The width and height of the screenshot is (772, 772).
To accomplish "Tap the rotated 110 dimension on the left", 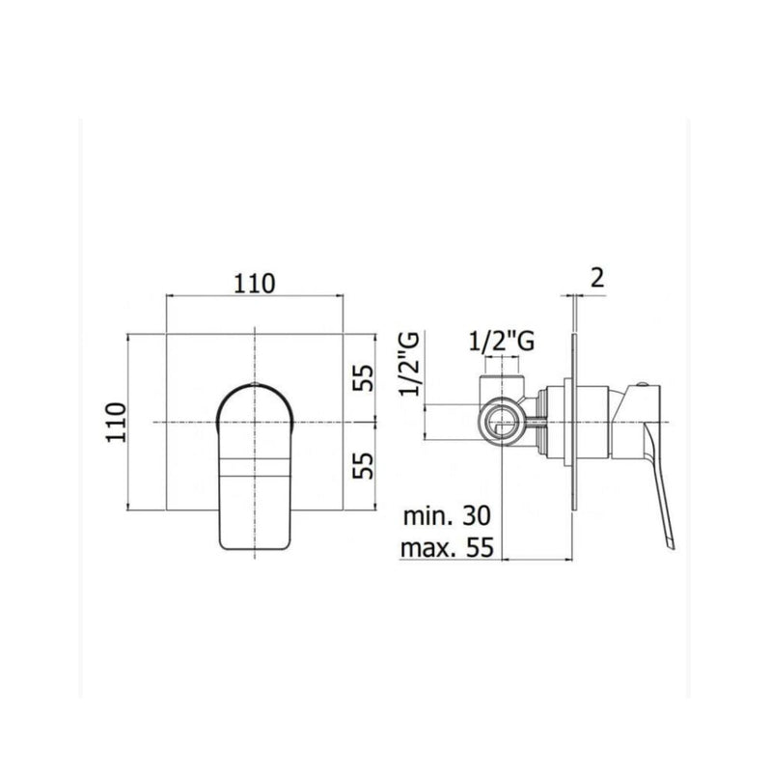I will pos(117,422).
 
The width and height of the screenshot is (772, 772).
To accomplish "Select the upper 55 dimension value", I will pos(362,375).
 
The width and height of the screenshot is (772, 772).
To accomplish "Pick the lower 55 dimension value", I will pos(362,467).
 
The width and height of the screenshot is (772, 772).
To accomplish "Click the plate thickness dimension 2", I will pos(595,279).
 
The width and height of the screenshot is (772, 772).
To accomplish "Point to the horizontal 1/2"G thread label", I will pos(498,341).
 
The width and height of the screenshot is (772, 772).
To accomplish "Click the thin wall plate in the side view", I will pos(575,425).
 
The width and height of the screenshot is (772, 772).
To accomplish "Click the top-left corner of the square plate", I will pos(168,334).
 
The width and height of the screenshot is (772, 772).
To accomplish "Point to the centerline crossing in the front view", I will pos(255,423).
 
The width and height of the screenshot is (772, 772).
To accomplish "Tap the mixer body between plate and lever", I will pos(598,422).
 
